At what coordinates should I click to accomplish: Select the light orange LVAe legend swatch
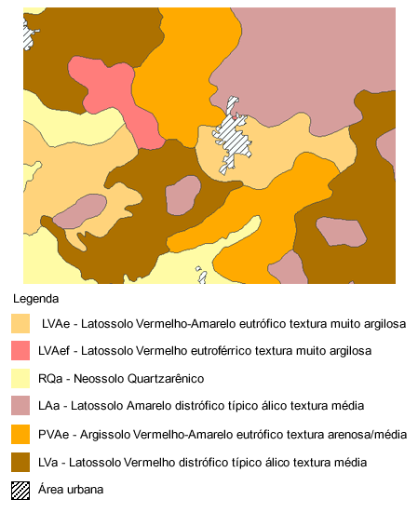click(x=20, y=324)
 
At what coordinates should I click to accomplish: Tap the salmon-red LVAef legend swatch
click(x=20, y=351)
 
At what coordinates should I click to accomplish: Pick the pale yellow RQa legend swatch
click(x=20, y=379)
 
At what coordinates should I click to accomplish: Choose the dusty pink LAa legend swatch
click(x=20, y=407)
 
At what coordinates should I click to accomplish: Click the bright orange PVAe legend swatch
click(x=20, y=434)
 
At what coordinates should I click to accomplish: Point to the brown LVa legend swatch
click(x=20, y=462)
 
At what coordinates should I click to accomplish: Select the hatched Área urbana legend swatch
click(x=20, y=490)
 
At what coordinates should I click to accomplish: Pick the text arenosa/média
click(x=361, y=434)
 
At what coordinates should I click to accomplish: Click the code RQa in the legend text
click(x=50, y=379)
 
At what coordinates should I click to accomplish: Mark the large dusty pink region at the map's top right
click(x=307, y=56)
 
